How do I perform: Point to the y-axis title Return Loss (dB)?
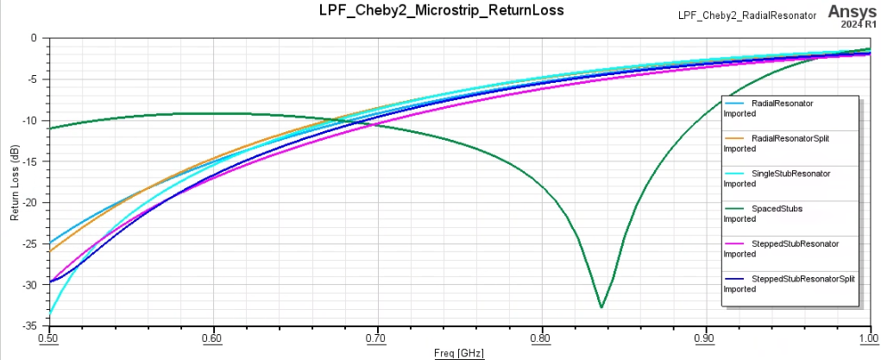15,181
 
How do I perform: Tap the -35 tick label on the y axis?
30,326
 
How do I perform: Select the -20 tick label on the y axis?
30,203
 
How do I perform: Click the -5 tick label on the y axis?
33,79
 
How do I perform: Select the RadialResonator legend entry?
782,104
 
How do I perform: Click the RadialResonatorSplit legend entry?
790,138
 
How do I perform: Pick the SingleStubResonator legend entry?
790,174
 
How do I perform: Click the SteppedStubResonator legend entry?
795,243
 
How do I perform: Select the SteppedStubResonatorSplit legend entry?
802,279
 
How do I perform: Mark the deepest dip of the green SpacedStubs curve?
601,306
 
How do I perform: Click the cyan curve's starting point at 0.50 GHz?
50,313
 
